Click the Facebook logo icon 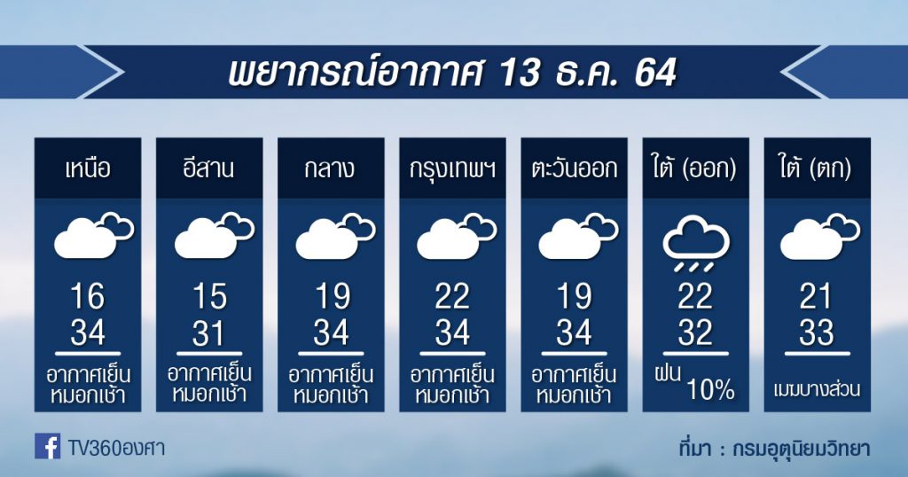point(47,446)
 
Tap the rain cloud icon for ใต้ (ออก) point(695,243)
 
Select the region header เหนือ point(88,168)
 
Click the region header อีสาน point(208,168)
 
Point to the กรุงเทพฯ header point(452,169)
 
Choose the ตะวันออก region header point(574,168)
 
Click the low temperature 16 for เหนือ point(88,296)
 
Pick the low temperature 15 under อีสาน point(209,296)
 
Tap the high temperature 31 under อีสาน point(209,332)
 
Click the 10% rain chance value point(710,389)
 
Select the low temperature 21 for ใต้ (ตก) point(816,296)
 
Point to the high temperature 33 point(817,332)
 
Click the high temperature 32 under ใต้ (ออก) point(695,332)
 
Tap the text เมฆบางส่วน point(817,389)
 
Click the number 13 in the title point(521,73)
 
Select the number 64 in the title point(655,73)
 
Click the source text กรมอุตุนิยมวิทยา point(801,448)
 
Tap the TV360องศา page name point(116,448)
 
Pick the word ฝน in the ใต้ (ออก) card point(668,372)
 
